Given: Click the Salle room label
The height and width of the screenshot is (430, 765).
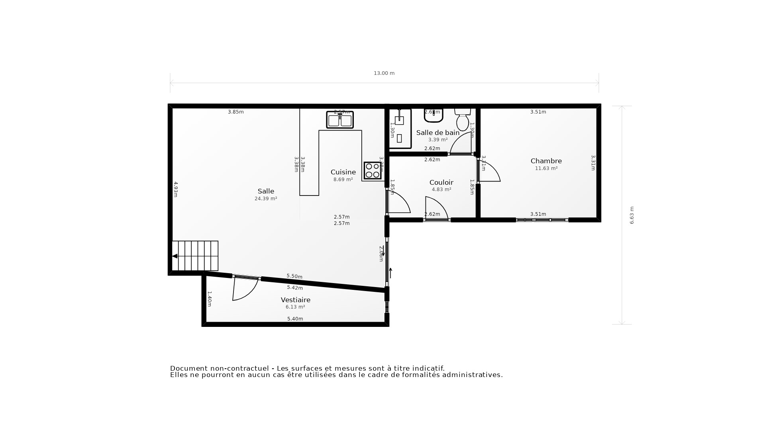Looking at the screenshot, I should coord(266,192).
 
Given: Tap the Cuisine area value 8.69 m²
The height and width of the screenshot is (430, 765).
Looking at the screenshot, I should coord(343,180).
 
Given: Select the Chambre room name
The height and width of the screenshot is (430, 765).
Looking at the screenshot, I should coord(546,161).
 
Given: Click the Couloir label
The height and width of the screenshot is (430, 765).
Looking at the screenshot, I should coord(441,183).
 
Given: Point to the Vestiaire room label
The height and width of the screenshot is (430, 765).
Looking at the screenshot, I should coord(295,300).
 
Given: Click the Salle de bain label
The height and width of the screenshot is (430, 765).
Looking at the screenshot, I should coord(437,133).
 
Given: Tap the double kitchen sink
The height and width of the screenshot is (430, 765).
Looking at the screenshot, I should coord(340,120).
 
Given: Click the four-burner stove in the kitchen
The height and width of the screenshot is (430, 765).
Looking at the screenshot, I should coord(373,170).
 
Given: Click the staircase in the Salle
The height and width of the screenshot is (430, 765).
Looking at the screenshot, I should coord(195,256).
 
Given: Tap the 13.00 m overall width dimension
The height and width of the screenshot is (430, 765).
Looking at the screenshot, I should coord(384,73).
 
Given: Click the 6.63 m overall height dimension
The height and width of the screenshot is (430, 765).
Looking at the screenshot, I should coord(632,215).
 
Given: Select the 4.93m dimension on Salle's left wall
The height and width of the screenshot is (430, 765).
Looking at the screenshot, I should coord(175,190).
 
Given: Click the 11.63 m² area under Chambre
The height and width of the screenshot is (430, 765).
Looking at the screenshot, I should coord(546,169).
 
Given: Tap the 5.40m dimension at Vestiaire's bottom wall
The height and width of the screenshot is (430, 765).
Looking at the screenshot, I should coord(295,319).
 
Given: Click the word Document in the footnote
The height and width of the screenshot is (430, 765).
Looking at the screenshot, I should coord(189,369).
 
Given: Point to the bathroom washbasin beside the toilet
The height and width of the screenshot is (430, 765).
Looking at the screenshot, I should coord(433,115).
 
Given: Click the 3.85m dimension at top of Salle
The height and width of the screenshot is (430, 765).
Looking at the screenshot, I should coord(236,112).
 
